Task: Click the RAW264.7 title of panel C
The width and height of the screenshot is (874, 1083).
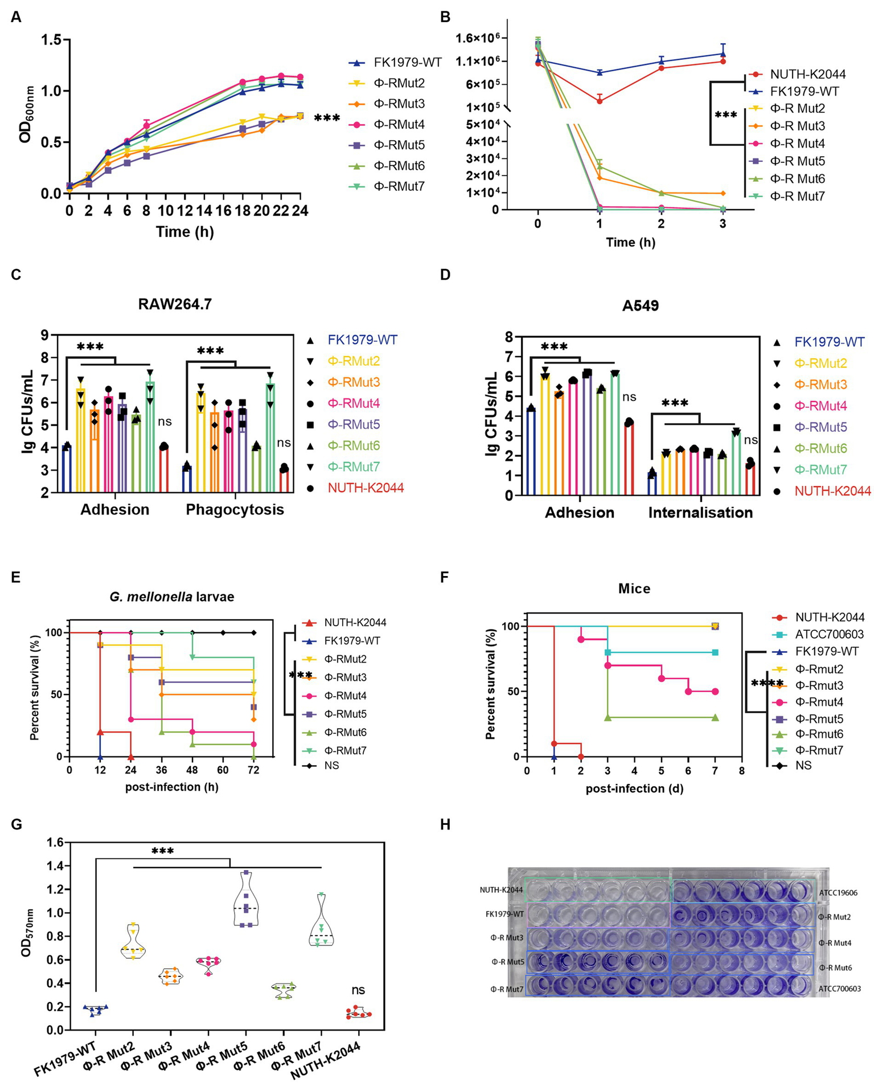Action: click(x=175, y=304)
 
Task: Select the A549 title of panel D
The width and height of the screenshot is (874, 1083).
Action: click(x=641, y=306)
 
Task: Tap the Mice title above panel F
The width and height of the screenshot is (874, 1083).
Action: click(x=634, y=588)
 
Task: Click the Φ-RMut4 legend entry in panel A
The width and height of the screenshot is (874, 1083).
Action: click(x=399, y=125)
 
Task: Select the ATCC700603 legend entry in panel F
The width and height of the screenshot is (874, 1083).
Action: click(x=830, y=634)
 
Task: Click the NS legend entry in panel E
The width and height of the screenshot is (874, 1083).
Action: click(x=331, y=765)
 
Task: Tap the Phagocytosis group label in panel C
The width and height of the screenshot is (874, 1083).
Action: click(x=235, y=509)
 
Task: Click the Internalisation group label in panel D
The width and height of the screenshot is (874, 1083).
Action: click(x=700, y=513)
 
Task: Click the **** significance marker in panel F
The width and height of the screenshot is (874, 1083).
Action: click(x=767, y=684)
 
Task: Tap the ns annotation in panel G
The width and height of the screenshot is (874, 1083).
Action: click(x=358, y=990)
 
